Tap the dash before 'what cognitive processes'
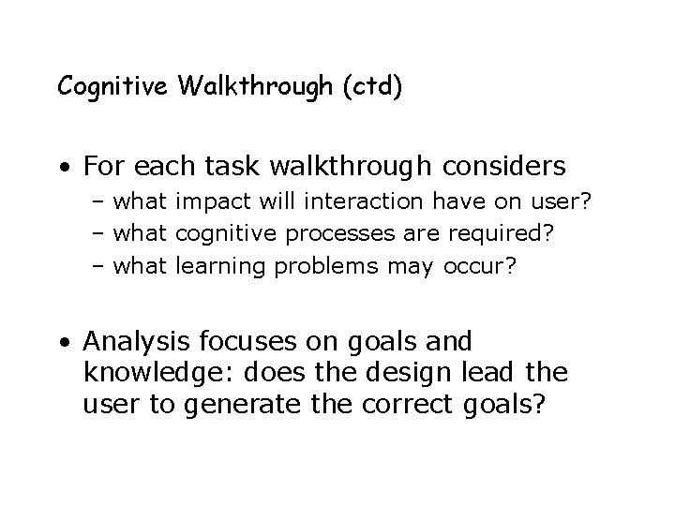pyautogui.click(x=99, y=234)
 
